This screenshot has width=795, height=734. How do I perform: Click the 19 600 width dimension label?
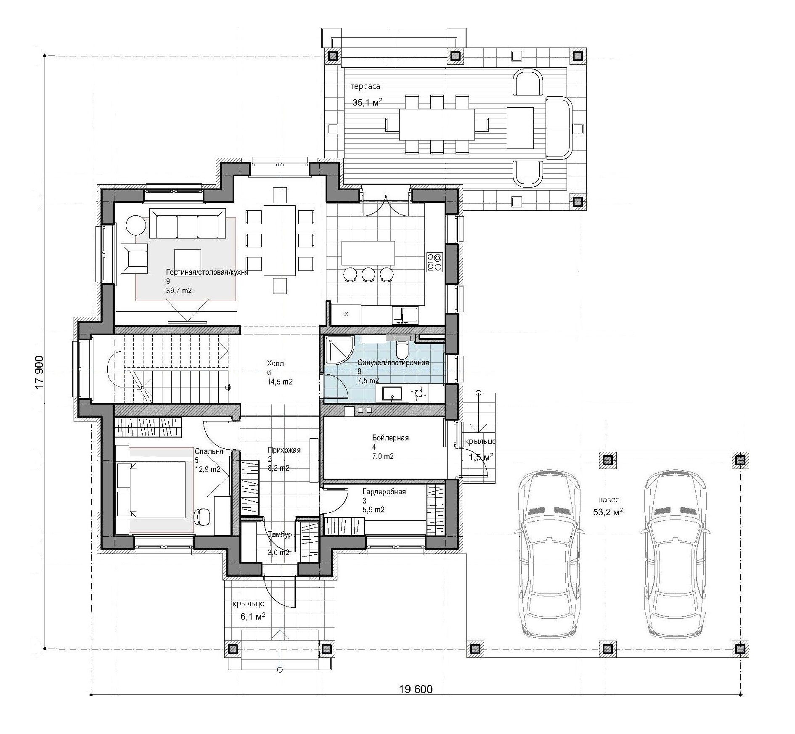tap(415, 701)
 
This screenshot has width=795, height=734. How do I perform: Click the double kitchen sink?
tap(405, 315)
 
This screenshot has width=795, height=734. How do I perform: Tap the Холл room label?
tap(276, 363)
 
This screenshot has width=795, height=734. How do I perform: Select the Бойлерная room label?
tap(390, 438)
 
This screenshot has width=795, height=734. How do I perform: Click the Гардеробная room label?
tap(384, 492)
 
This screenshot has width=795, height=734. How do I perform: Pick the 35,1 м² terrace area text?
tap(367, 102)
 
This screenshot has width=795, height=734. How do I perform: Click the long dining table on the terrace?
tap(437, 125)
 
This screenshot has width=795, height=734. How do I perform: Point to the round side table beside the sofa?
tap(136, 225)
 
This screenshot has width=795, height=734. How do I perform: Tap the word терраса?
tap(366, 86)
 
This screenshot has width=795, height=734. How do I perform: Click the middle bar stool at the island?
tap(368, 274)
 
